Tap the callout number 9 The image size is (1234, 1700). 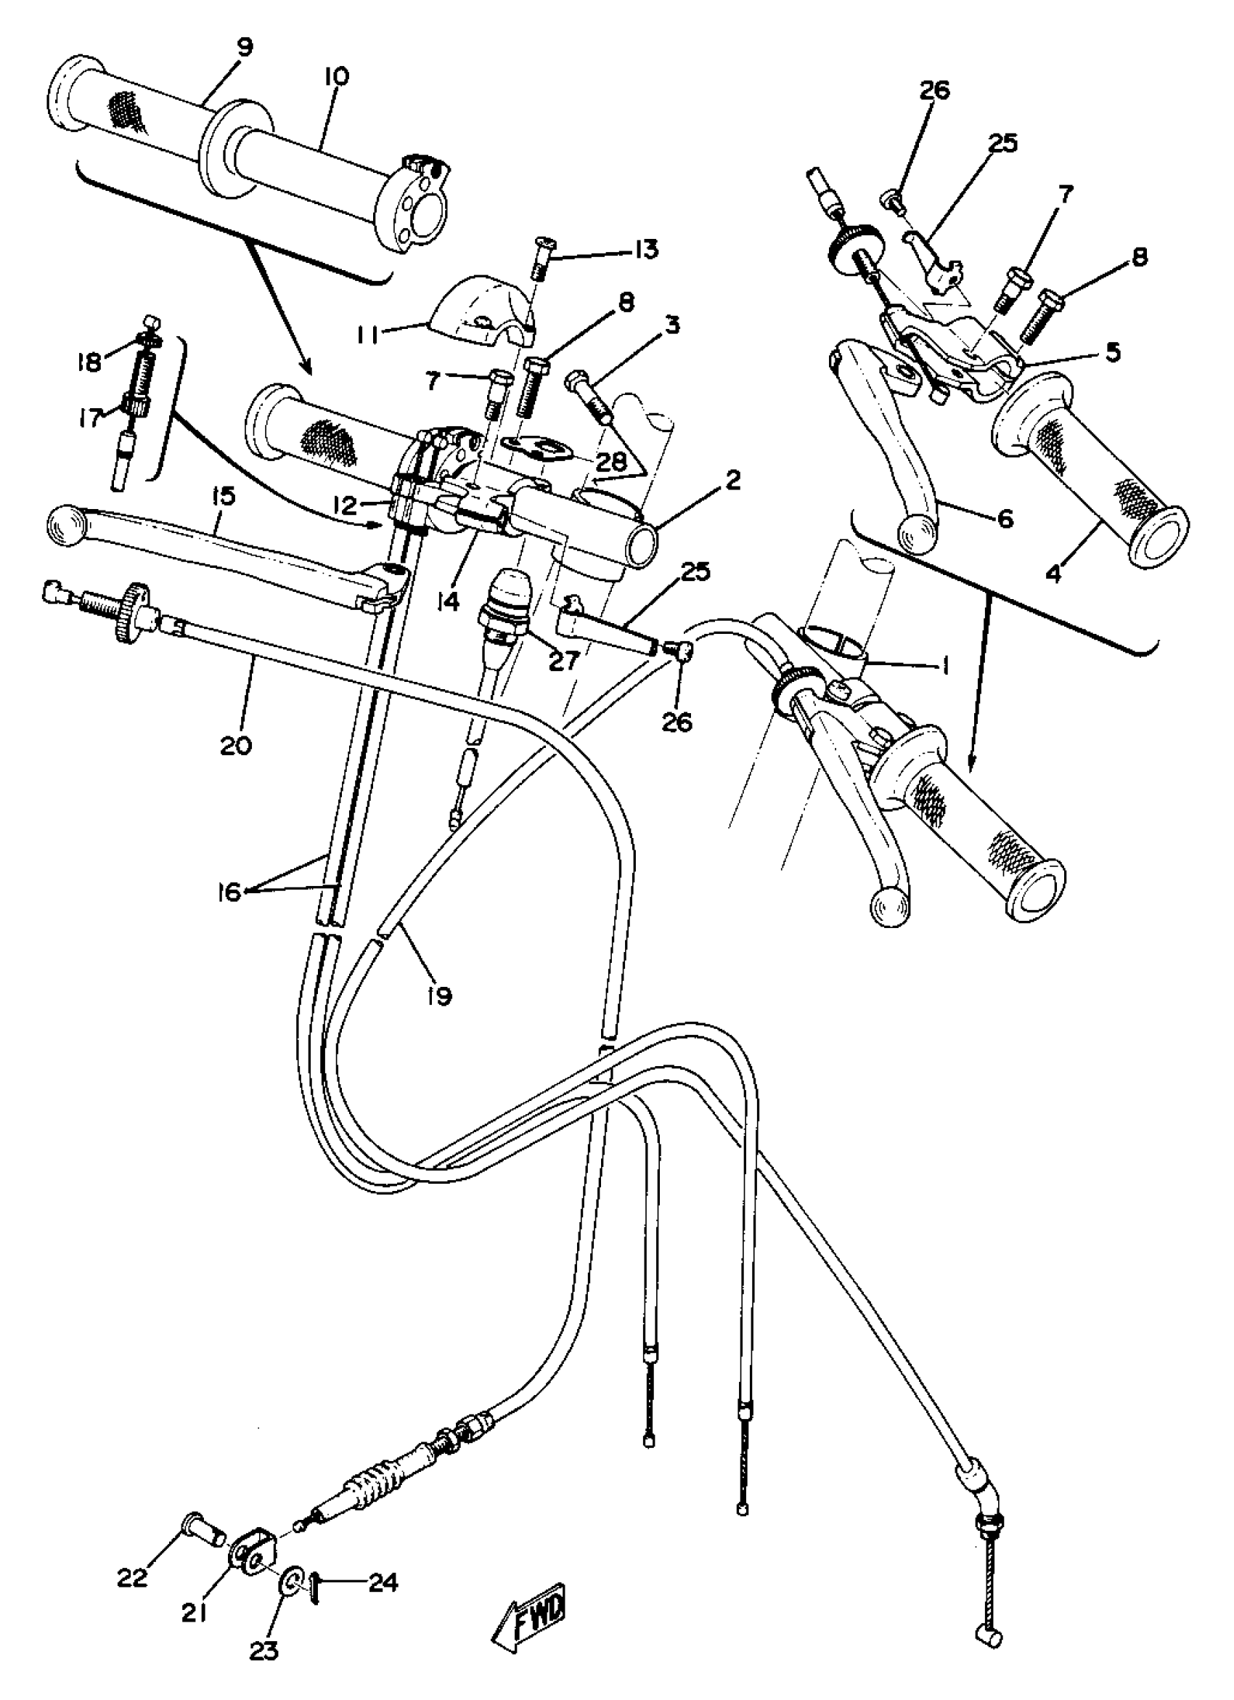pyautogui.click(x=244, y=47)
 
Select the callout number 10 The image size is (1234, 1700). pyautogui.click(x=336, y=76)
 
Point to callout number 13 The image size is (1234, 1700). pyautogui.click(x=645, y=249)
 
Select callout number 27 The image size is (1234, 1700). pyautogui.click(x=563, y=659)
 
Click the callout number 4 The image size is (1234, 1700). pyautogui.click(x=1054, y=576)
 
